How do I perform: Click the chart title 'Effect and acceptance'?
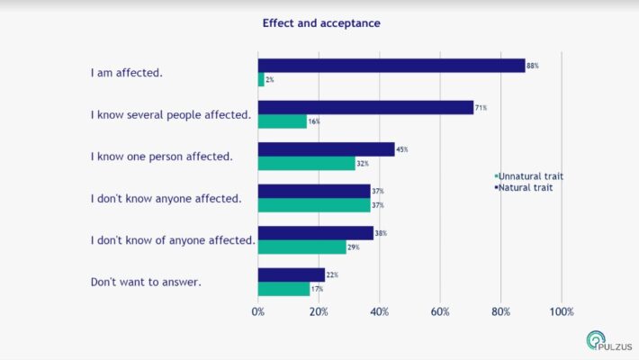pyautogui.click(x=321, y=23)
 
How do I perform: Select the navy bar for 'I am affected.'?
pyautogui.click(x=391, y=66)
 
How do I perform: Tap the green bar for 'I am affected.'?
pyautogui.click(x=261, y=80)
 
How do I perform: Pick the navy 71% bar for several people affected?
pyautogui.click(x=365, y=107)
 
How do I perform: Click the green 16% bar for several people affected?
pyautogui.click(x=283, y=121)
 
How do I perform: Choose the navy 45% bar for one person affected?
pyautogui.click(x=326, y=149)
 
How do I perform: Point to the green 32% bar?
pyautogui.click(x=306, y=163)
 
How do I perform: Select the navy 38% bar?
pyautogui.click(x=315, y=233)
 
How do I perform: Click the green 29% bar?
pyautogui.click(x=301, y=247)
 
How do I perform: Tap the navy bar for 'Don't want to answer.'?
pyautogui.click(x=291, y=274)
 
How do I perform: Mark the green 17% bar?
pyautogui.click(x=283, y=289)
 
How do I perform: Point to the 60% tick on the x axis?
pyautogui.click(x=440, y=311)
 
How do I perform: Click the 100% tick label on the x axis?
pyautogui.click(x=562, y=311)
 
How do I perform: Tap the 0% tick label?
pyautogui.click(x=258, y=311)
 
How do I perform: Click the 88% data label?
pyautogui.click(x=533, y=67)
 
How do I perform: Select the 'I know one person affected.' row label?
pyautogui.click(x=161, y=157)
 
